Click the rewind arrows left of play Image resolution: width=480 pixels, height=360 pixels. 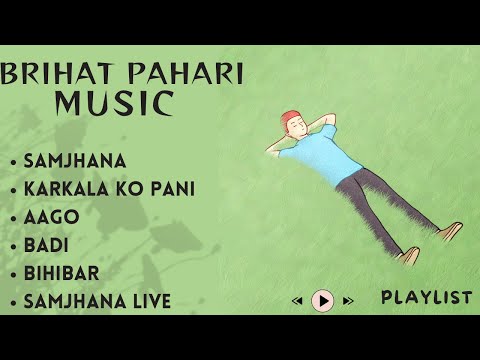[298, 300]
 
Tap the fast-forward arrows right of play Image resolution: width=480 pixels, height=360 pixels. [348, 300]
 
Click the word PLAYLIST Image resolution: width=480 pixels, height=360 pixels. [426, 297]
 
